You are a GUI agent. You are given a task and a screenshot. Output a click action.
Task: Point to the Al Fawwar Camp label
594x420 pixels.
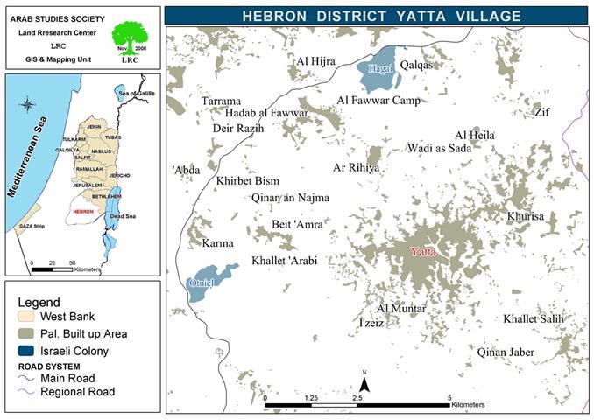[x=378, y=101]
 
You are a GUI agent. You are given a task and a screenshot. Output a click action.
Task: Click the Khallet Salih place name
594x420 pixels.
[x=533, y=319]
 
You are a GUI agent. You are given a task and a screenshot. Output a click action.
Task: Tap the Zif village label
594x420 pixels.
[x=542, y=113]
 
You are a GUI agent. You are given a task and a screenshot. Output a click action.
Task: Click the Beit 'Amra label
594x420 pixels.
[x=299, y=225]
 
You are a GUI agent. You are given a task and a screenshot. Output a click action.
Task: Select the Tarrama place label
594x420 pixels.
[x=221, y=101]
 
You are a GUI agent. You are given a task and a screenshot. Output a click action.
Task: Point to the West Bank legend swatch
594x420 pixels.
[x=29, y=316]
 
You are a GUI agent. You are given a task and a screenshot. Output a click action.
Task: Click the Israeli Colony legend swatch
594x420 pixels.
[x=29, y=351]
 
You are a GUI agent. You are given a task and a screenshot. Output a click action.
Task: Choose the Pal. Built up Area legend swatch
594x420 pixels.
[x=29, y=333]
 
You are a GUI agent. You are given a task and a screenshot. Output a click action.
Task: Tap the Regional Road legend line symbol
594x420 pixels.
[x=29, y=392]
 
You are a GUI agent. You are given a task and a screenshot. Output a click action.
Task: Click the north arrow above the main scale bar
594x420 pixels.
[x=364, y=383]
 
